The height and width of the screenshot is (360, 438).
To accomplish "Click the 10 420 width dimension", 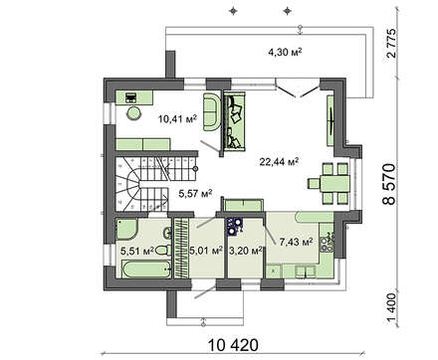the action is [233, 345].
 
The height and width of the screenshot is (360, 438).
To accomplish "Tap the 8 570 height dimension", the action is [389, 184].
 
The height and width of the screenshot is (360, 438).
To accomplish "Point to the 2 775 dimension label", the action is [391, 44].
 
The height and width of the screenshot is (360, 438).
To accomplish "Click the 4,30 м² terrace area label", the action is [285, 52].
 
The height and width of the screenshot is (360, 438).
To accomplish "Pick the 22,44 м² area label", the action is [280, 161].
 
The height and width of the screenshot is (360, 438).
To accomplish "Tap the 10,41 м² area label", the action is [178, 118].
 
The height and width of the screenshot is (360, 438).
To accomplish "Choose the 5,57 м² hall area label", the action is [196, 193].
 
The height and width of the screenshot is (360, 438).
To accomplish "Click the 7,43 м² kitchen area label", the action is [297, 242].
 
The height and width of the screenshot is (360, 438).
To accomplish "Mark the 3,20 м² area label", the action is [246, 251].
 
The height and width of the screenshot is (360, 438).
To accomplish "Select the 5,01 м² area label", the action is [206, 251].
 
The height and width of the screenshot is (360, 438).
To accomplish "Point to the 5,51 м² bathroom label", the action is [137, 251].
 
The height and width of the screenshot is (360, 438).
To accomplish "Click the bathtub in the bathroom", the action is [143, 269].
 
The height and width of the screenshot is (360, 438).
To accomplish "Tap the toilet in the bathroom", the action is [163, 250].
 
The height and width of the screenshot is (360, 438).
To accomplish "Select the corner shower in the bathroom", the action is [126, 229].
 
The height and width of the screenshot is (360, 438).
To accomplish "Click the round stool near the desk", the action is [134, 113].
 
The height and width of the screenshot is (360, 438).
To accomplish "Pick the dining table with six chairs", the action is [328, 183].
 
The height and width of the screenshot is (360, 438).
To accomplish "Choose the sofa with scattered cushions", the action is [234, 121].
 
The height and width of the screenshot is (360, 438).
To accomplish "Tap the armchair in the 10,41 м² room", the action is [212, 111].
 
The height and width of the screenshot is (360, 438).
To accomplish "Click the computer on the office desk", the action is [131, 97].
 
